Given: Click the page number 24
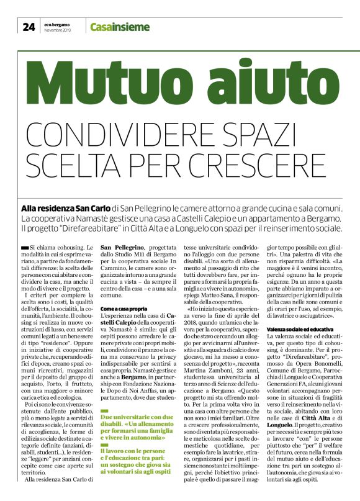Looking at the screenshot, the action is tap(29, 26).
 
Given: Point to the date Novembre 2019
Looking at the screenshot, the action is tap(58, 30).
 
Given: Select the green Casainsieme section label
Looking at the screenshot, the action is tap(120, 27).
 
